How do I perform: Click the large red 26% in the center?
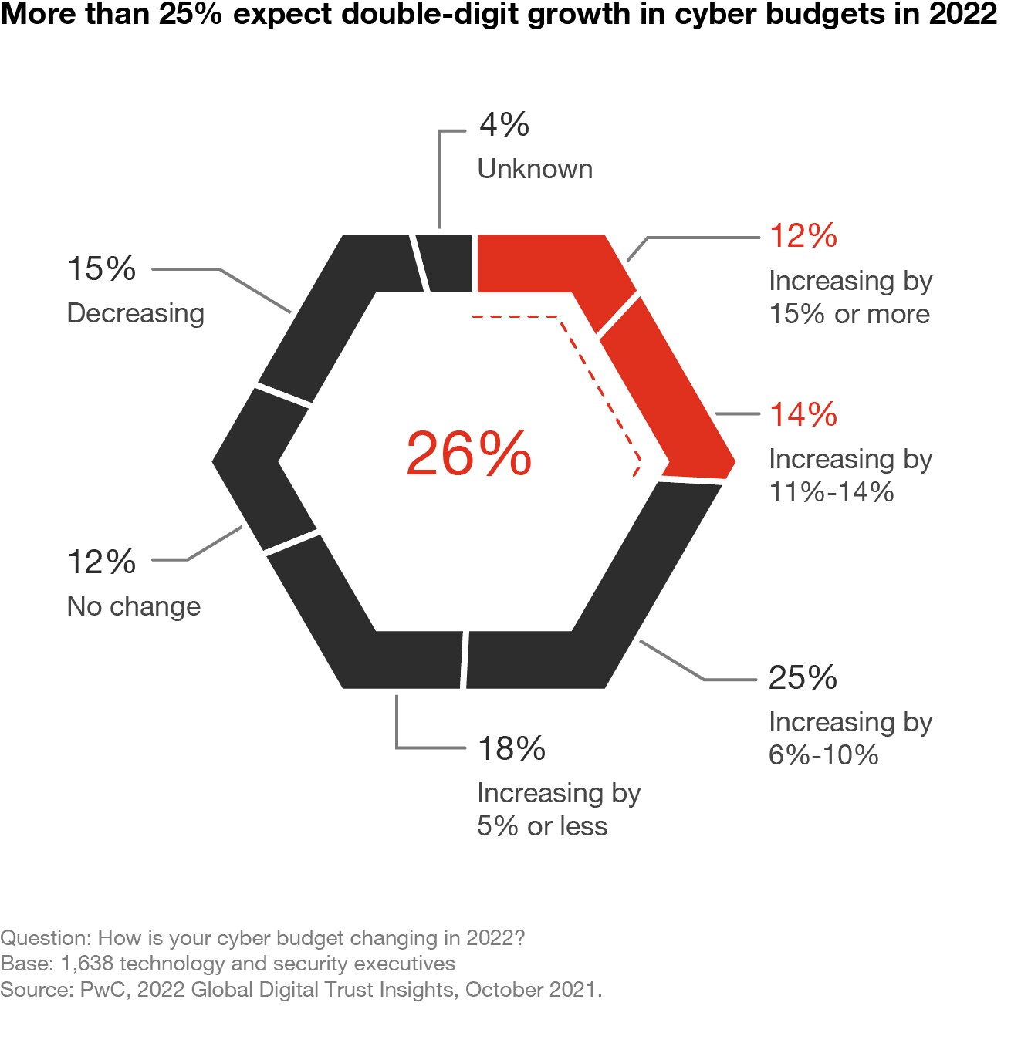coord(468,454)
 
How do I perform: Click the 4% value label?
coord(504,124)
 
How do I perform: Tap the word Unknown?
coord(535,169)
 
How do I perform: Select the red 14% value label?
coord(803,414)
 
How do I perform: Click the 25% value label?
coord(803,677)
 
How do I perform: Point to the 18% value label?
coord(511,748)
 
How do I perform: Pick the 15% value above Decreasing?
coord(101,268)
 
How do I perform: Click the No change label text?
coord(134,606)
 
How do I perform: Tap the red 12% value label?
coord(803,235)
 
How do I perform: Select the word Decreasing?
coord(136,313)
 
